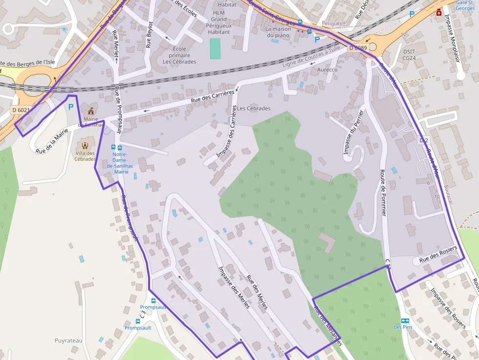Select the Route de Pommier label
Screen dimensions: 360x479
383,193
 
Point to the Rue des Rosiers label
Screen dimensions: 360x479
437,255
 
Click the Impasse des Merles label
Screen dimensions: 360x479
234,287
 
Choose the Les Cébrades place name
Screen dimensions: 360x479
254,108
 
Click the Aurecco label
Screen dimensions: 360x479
327,70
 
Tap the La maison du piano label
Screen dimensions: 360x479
278,32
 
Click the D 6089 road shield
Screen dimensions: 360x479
358,48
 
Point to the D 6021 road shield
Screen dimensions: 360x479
21,110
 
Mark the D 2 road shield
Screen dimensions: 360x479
423,140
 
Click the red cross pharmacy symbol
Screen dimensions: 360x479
439,12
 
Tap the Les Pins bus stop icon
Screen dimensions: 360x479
405,320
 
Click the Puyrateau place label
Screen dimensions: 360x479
68,340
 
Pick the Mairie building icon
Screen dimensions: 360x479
90,111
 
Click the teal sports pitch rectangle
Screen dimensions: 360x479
215,49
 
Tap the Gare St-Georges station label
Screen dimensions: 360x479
465,5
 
